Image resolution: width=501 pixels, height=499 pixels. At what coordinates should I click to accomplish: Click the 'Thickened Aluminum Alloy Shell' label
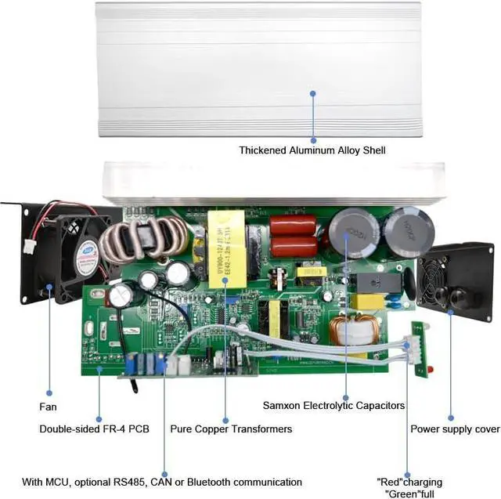pyautogui.click(x=312, y=150)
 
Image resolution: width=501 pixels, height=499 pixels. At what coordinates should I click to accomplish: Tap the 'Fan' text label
pyautogui.click(x=49, y=407)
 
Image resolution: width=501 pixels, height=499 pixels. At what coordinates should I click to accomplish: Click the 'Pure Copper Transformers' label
pyautogui.click(x=231, y=429)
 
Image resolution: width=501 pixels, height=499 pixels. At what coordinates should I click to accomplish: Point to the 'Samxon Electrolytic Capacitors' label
pyautogui.click(x=333, y=406)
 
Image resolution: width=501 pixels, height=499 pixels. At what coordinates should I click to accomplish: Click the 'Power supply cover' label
pyautogui.click(x=455, y=429)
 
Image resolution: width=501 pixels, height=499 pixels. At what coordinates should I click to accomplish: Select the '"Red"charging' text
pyautogui.click(x=409, y=482)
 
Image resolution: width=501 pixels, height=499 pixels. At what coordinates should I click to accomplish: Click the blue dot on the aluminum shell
pyautogui.click(x=312, y=93)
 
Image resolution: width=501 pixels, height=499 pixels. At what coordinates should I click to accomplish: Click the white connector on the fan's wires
pyautogui.click(x=28, y=246)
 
